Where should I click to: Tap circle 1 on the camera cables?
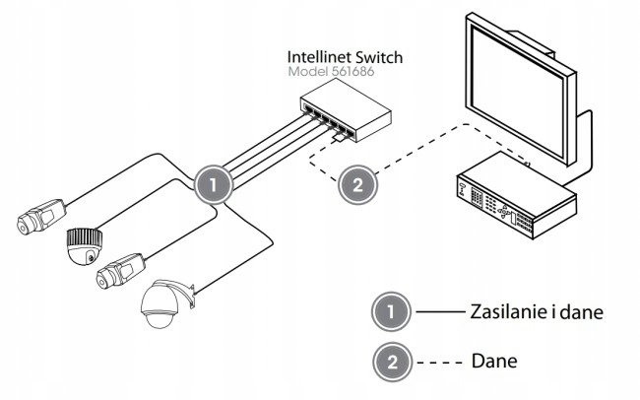(x=214, y=183)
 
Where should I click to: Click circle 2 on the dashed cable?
(x=358, y=184)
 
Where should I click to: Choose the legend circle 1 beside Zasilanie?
(x=393, y=313)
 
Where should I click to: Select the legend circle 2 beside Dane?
(x=393, y=361)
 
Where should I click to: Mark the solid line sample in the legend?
(x=437, y=313)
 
